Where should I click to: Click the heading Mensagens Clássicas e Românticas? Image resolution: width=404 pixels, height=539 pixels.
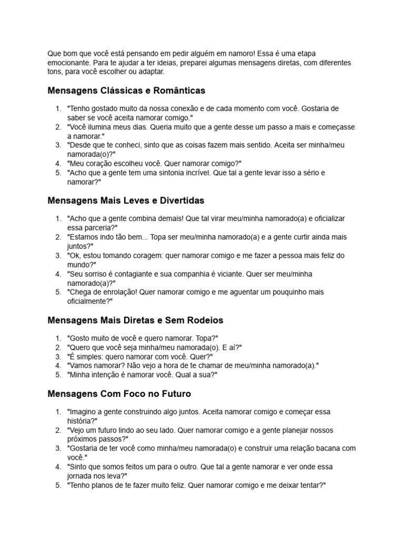point(126,91)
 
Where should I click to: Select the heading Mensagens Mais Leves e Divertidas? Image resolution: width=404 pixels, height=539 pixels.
point(126,201)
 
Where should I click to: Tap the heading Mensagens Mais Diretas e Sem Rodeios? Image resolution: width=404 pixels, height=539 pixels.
point(135,320)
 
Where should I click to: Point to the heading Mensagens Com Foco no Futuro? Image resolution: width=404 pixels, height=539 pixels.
point(119,393)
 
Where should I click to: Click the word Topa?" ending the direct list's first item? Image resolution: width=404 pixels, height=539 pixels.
point(206,338)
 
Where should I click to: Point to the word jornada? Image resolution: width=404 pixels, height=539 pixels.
point(83,476)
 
